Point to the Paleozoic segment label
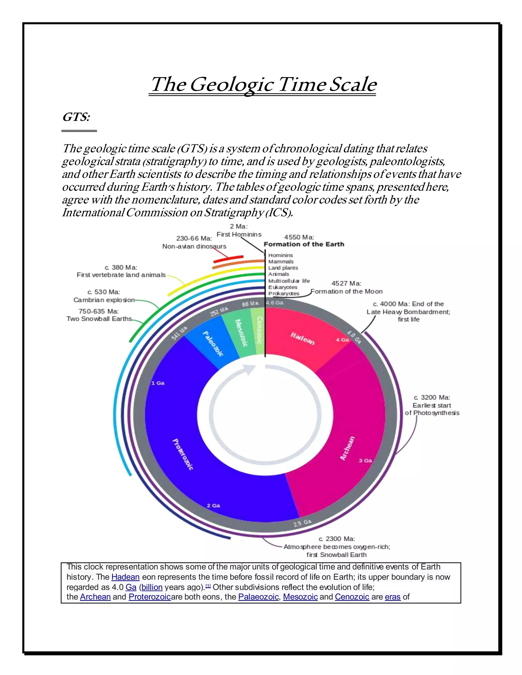pyautogui.click(x=213, y=343)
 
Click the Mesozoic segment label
pyautogui.click(x=242, y=333)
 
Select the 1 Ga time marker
pyautogui.click(x=158, y=383)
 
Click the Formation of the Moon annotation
pyautogui.click(x=346, y=291)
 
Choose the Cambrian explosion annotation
pyautogui.click(x=104, y=300)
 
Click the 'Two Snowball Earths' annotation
pyautogui.click(x=99, y=319)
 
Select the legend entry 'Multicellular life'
pyautogui.click(x=289, y=281)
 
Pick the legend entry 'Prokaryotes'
pyautogui.click(x=284, y=294)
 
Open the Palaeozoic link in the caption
pyautogui.click(x=258, y=597)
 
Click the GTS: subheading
pyautogui.click(x=76, y=117)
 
